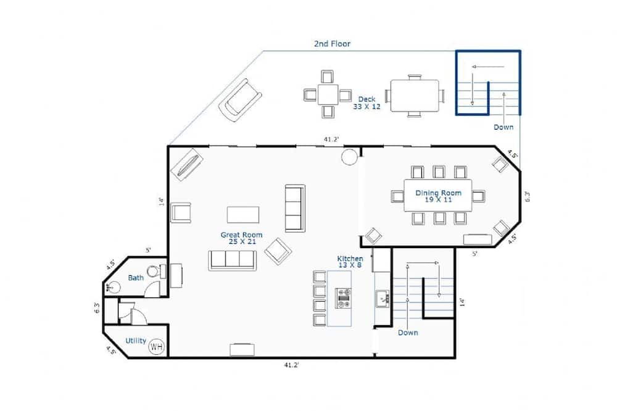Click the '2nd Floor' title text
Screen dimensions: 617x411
[x=332, y=44]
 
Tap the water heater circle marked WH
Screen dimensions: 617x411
[x=156, y=347]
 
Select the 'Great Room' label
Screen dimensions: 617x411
[x=241, y=235]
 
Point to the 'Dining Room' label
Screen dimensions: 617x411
[x=438, y=193]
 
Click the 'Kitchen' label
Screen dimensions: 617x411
[x=350, y=259]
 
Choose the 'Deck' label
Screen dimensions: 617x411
[x=366, y=99]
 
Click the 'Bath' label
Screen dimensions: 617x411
[x=136, y=278]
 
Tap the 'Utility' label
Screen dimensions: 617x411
[x=136, y=341]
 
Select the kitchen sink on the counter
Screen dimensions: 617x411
[x=382, y=299]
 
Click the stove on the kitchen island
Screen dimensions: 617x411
[x=343, y=298]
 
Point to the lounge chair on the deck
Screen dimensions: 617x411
[x=240, y=100]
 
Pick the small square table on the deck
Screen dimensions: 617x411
[x=328, y=94]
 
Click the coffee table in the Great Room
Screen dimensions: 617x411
[x=242, y=215]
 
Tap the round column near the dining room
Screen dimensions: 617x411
[x=349, y=157]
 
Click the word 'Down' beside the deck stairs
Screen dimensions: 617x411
[x=503, y=127]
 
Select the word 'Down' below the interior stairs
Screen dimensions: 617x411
[x=408, y=333]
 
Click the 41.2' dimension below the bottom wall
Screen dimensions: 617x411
[x=292, y=365]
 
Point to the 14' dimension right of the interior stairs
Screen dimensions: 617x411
[x=462, y=302]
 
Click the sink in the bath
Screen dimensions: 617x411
[x=112, y=288]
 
